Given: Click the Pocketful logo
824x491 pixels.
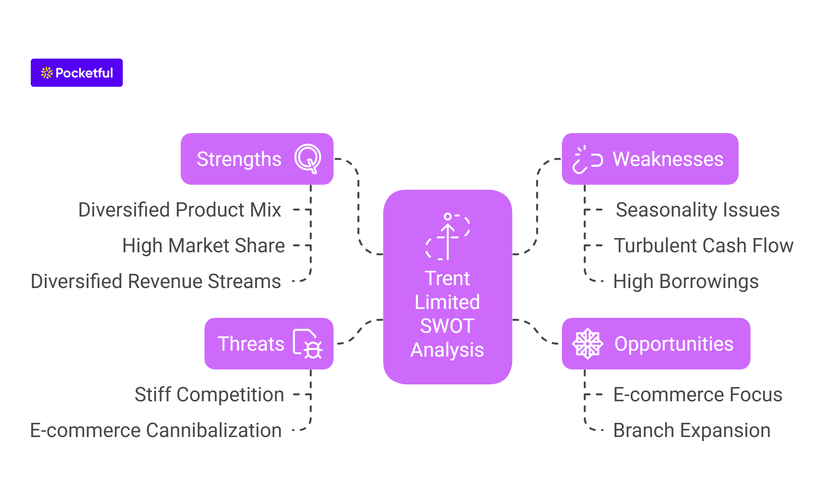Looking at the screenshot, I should (77, 73).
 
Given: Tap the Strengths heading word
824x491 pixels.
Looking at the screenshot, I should (239, 159).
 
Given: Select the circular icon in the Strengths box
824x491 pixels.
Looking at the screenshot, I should (308, 159).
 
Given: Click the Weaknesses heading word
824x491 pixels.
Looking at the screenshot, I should (668, 159).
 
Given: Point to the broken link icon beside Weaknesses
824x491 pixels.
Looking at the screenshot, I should (587, 160).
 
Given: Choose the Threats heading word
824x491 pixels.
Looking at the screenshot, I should (251, 344).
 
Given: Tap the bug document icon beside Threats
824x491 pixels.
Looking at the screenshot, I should (307, 344).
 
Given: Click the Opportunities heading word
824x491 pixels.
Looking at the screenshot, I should (674, 344).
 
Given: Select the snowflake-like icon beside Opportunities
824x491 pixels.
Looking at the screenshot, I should (587, 344).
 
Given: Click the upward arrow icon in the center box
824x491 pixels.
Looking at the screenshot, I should (448, 236).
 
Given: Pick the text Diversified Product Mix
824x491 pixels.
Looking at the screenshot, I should (180, 210).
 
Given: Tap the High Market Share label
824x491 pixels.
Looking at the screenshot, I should (204, 246).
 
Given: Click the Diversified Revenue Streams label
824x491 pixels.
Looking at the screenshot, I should (156, 281).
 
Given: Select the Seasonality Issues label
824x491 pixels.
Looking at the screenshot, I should (698, 210).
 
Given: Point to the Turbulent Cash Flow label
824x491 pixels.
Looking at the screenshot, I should (704, 246).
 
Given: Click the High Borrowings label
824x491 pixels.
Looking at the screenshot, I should (686, 281).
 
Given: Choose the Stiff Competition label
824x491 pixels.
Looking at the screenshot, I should (209, 395).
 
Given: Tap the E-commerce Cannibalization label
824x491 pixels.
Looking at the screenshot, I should (156, 430).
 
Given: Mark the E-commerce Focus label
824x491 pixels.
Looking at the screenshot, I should (698, 395).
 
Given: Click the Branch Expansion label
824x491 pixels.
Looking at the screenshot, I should (692, 430).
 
